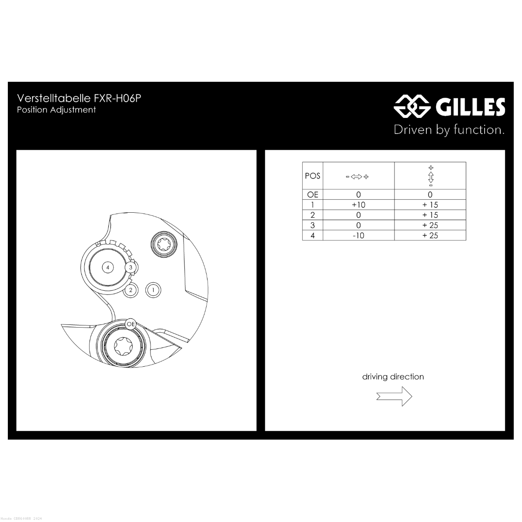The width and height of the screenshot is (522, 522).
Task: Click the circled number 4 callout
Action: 108,268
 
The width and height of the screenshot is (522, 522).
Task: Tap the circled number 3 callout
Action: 130,268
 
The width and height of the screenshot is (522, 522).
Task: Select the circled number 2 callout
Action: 130,290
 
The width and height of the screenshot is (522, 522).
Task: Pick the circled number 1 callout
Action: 153,290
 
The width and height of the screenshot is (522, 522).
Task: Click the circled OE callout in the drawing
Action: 130,324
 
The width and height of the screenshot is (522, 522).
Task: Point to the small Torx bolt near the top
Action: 164,244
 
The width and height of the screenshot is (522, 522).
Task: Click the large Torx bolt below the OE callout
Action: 124,346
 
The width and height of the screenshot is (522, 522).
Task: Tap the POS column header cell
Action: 313,176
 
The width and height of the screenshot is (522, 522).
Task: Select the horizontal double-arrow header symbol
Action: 357,177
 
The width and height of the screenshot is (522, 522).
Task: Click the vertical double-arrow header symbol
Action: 431,176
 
